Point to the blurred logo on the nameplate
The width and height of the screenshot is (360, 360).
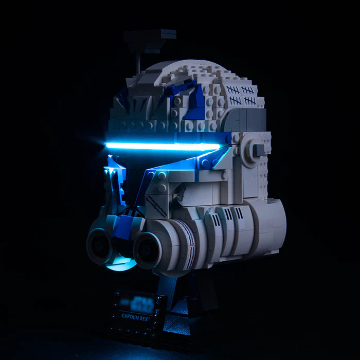coord(135,300)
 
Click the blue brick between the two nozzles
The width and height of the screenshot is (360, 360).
coord(121,229)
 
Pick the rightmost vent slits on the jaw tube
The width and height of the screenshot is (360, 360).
coord(239,213)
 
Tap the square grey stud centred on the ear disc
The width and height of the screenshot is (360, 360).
coord(257,149)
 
